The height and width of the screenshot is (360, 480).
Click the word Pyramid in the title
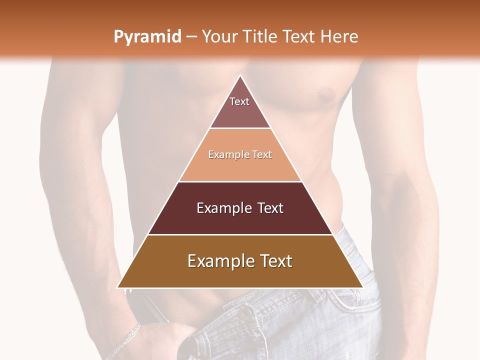point(147,37)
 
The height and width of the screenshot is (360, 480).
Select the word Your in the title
point(219,36)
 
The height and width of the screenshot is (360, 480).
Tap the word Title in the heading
point(260,36)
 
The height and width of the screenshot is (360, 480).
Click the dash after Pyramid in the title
point(191,37)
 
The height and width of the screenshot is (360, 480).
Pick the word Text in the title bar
point(299,36)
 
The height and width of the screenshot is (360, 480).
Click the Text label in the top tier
point(239,101)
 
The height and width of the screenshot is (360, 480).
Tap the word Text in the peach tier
point(262,154)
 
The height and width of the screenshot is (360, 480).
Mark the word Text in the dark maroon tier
point(270,208)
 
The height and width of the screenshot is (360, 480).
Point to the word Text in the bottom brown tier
point(275,261)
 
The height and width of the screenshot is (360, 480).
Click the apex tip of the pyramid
point(240,76)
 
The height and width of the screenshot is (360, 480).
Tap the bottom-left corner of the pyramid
point(118,287)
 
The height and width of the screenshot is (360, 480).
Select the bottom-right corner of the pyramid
point(362,287)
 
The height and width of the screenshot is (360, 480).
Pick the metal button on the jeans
point(246,313)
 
